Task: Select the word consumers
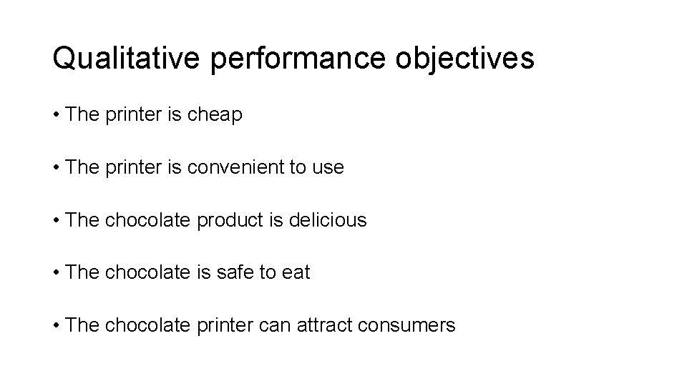click(x=408, y=325)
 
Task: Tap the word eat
click(x=296, y=272)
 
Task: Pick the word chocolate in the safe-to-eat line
click(x=148, y=272)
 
